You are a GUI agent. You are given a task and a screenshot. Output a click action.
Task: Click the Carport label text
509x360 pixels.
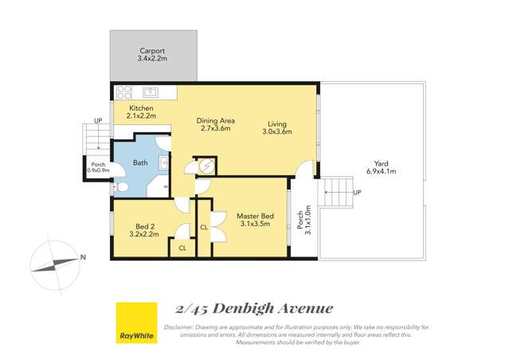[x=152, y=50]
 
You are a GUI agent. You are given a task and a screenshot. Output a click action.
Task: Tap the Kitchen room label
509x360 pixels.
[x=140, y=108]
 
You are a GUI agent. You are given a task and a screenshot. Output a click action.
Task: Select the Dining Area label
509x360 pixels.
[x=215, y=120]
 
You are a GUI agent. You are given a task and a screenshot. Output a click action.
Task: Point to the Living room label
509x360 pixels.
[x=276, y=123]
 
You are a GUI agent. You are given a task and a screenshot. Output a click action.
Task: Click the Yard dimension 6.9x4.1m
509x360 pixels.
[x=380, y=171]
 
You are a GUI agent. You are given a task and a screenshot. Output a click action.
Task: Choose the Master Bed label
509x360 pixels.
[x=255, y=215]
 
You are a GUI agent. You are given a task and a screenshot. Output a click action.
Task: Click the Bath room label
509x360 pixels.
[x=140, y=162]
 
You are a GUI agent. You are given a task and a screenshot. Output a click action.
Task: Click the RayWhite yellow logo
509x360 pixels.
[x=136, y=323]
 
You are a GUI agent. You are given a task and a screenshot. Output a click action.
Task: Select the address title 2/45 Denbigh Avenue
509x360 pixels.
[x=253, y=309]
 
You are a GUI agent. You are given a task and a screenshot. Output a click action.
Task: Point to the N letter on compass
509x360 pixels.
[x=83, y=256]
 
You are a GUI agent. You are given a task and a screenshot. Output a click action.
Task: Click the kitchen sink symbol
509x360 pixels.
[x=149, y=92]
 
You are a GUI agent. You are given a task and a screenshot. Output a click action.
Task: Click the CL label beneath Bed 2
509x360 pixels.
[x=182, y=248]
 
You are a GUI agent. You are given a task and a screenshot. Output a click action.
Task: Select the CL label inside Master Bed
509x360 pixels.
[x=204, y=227]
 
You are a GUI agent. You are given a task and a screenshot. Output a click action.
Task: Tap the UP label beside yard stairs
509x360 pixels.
[x=357, y=193]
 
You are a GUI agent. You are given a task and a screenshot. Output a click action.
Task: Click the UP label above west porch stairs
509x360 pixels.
[x=98, y=121]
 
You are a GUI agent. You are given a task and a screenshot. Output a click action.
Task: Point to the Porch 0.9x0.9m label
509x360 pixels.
[x=98, y=167]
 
